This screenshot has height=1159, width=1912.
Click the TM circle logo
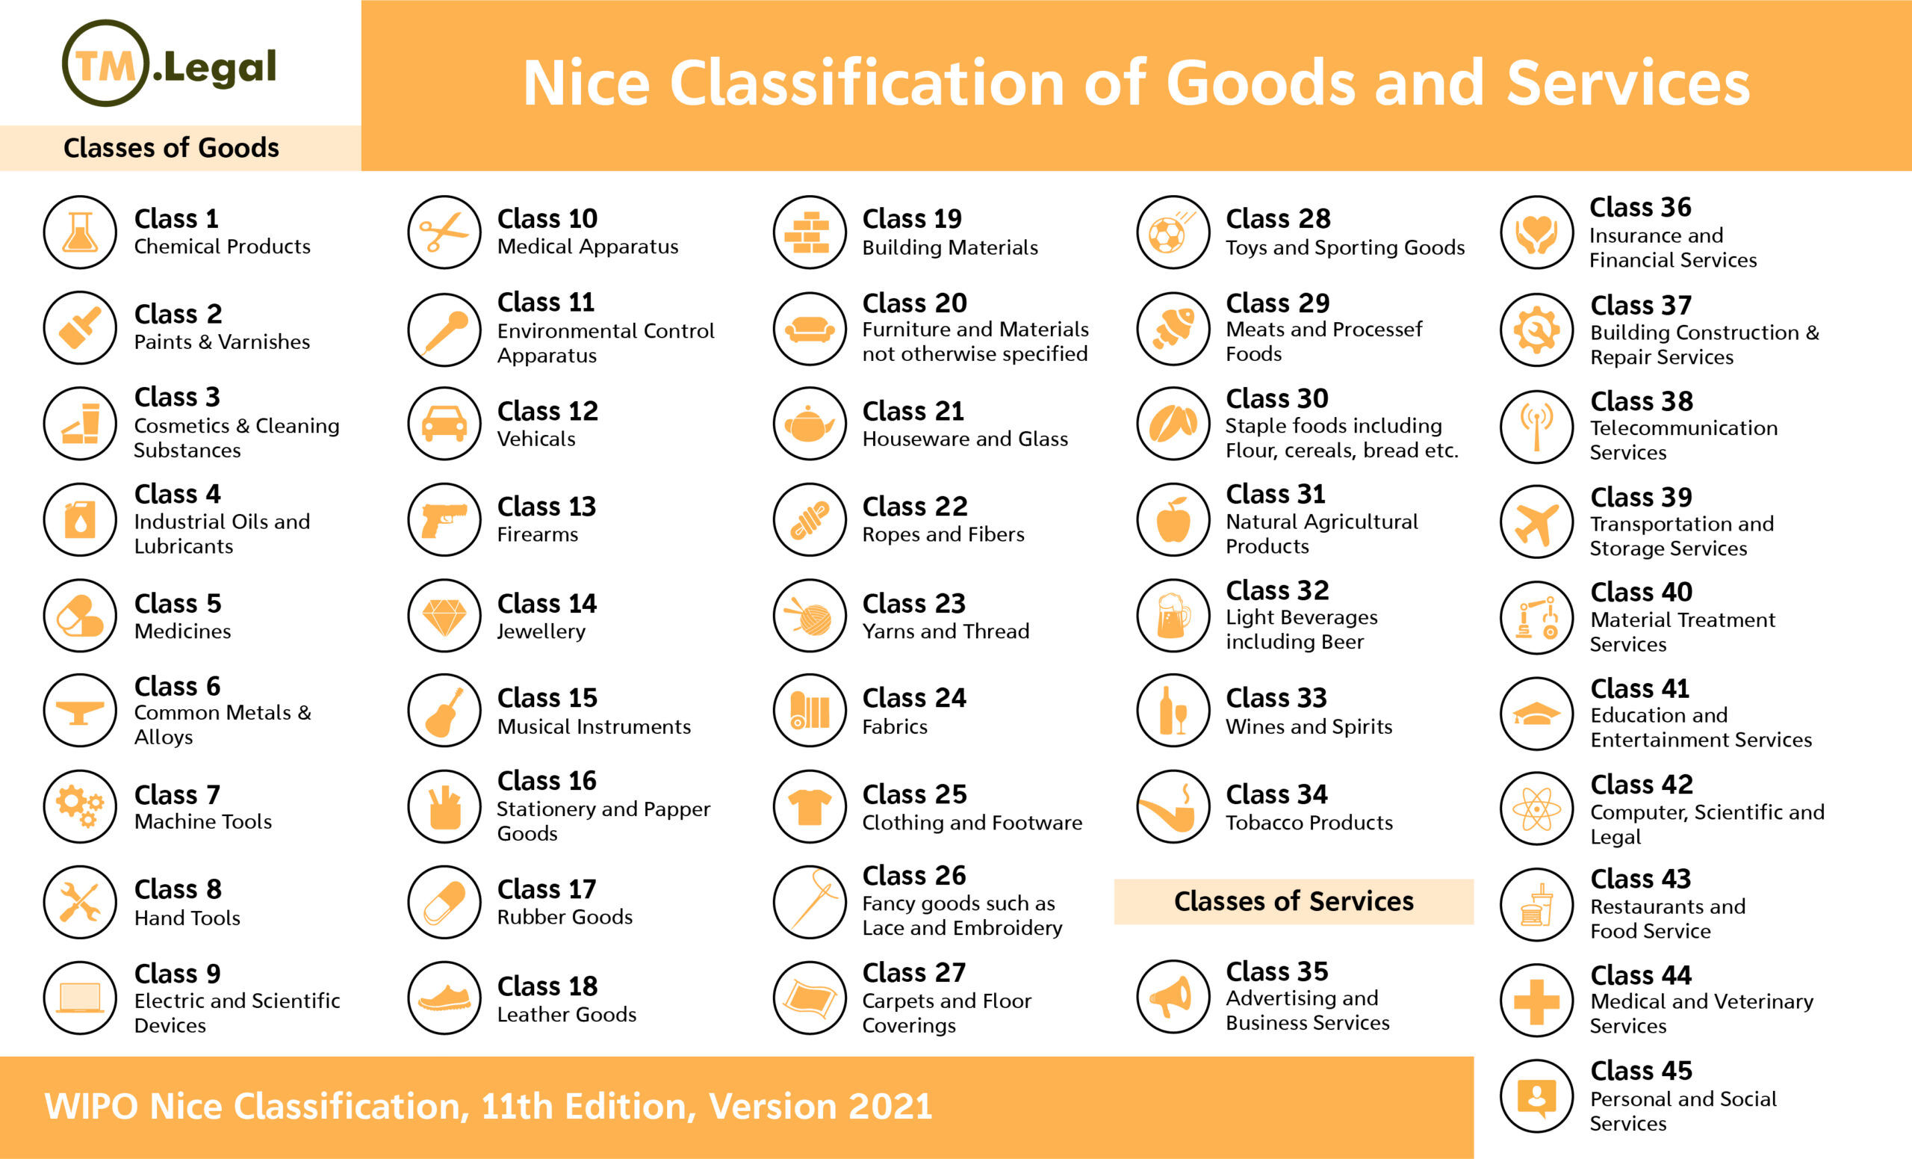[105, 64]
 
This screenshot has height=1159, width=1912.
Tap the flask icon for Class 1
[80, 232]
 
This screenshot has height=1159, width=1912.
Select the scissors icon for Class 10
[444, 232]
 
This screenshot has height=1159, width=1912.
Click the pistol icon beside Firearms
[444, 519]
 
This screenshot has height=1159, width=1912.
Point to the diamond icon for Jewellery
[444, 616]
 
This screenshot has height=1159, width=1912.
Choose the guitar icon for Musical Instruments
[444, 711]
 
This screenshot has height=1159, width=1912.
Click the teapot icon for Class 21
[810, 424]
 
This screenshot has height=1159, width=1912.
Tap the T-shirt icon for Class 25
[810, 806]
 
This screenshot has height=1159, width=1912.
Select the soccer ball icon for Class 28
[1173, 232]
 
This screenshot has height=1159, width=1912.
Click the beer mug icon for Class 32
[1173, 616]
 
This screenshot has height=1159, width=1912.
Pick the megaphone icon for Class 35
[1173, 997]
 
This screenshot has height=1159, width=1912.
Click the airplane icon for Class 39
[1536, 522]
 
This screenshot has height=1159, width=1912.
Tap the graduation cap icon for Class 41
[1536, 714]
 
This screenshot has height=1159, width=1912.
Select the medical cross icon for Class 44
[1536, 1001]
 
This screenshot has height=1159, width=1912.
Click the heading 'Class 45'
[1641, 1071]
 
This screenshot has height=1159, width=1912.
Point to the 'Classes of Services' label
[1294, 901]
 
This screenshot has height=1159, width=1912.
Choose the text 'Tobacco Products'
[1309, 822]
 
